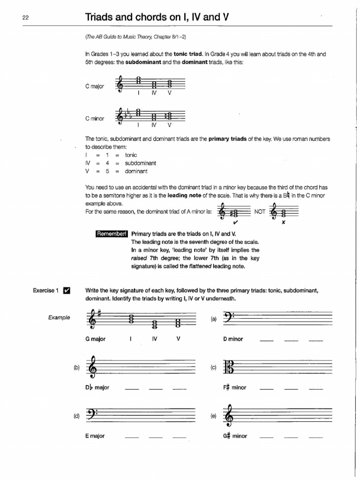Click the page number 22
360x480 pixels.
[25, 17]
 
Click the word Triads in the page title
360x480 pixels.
[99, 17]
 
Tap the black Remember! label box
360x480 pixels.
[112, 233]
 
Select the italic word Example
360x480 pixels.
[59, 317]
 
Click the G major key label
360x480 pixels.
[95, 339]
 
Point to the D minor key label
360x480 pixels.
[233, 339]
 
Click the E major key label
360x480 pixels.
[95, 436]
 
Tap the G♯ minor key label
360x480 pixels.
[235, 436]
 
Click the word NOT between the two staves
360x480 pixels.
[260, 212]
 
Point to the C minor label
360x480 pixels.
[95, 119]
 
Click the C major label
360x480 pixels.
[95, 87]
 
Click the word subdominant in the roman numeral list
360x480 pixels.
[141, 163]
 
